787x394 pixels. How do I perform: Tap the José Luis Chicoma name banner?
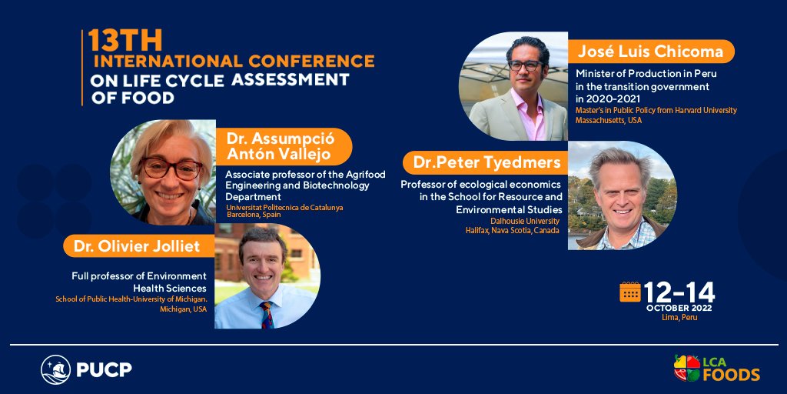[650, 52]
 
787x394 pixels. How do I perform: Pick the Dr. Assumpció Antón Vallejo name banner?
[283, 146]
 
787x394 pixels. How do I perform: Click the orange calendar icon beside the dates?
[630, 292]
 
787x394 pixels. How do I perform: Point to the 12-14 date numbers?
[679, 292]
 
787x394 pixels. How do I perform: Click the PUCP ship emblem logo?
[56, 369]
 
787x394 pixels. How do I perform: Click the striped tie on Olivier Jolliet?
[267, 314]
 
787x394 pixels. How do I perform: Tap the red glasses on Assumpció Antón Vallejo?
[171, 168]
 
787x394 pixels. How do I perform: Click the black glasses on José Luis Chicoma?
[525, 65]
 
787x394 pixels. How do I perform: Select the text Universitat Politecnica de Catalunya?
[284, 207]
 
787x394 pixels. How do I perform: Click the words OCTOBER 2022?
[679, 308]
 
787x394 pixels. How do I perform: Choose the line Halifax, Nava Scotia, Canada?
[516, 230]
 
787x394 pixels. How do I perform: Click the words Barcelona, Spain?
[253, 215]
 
